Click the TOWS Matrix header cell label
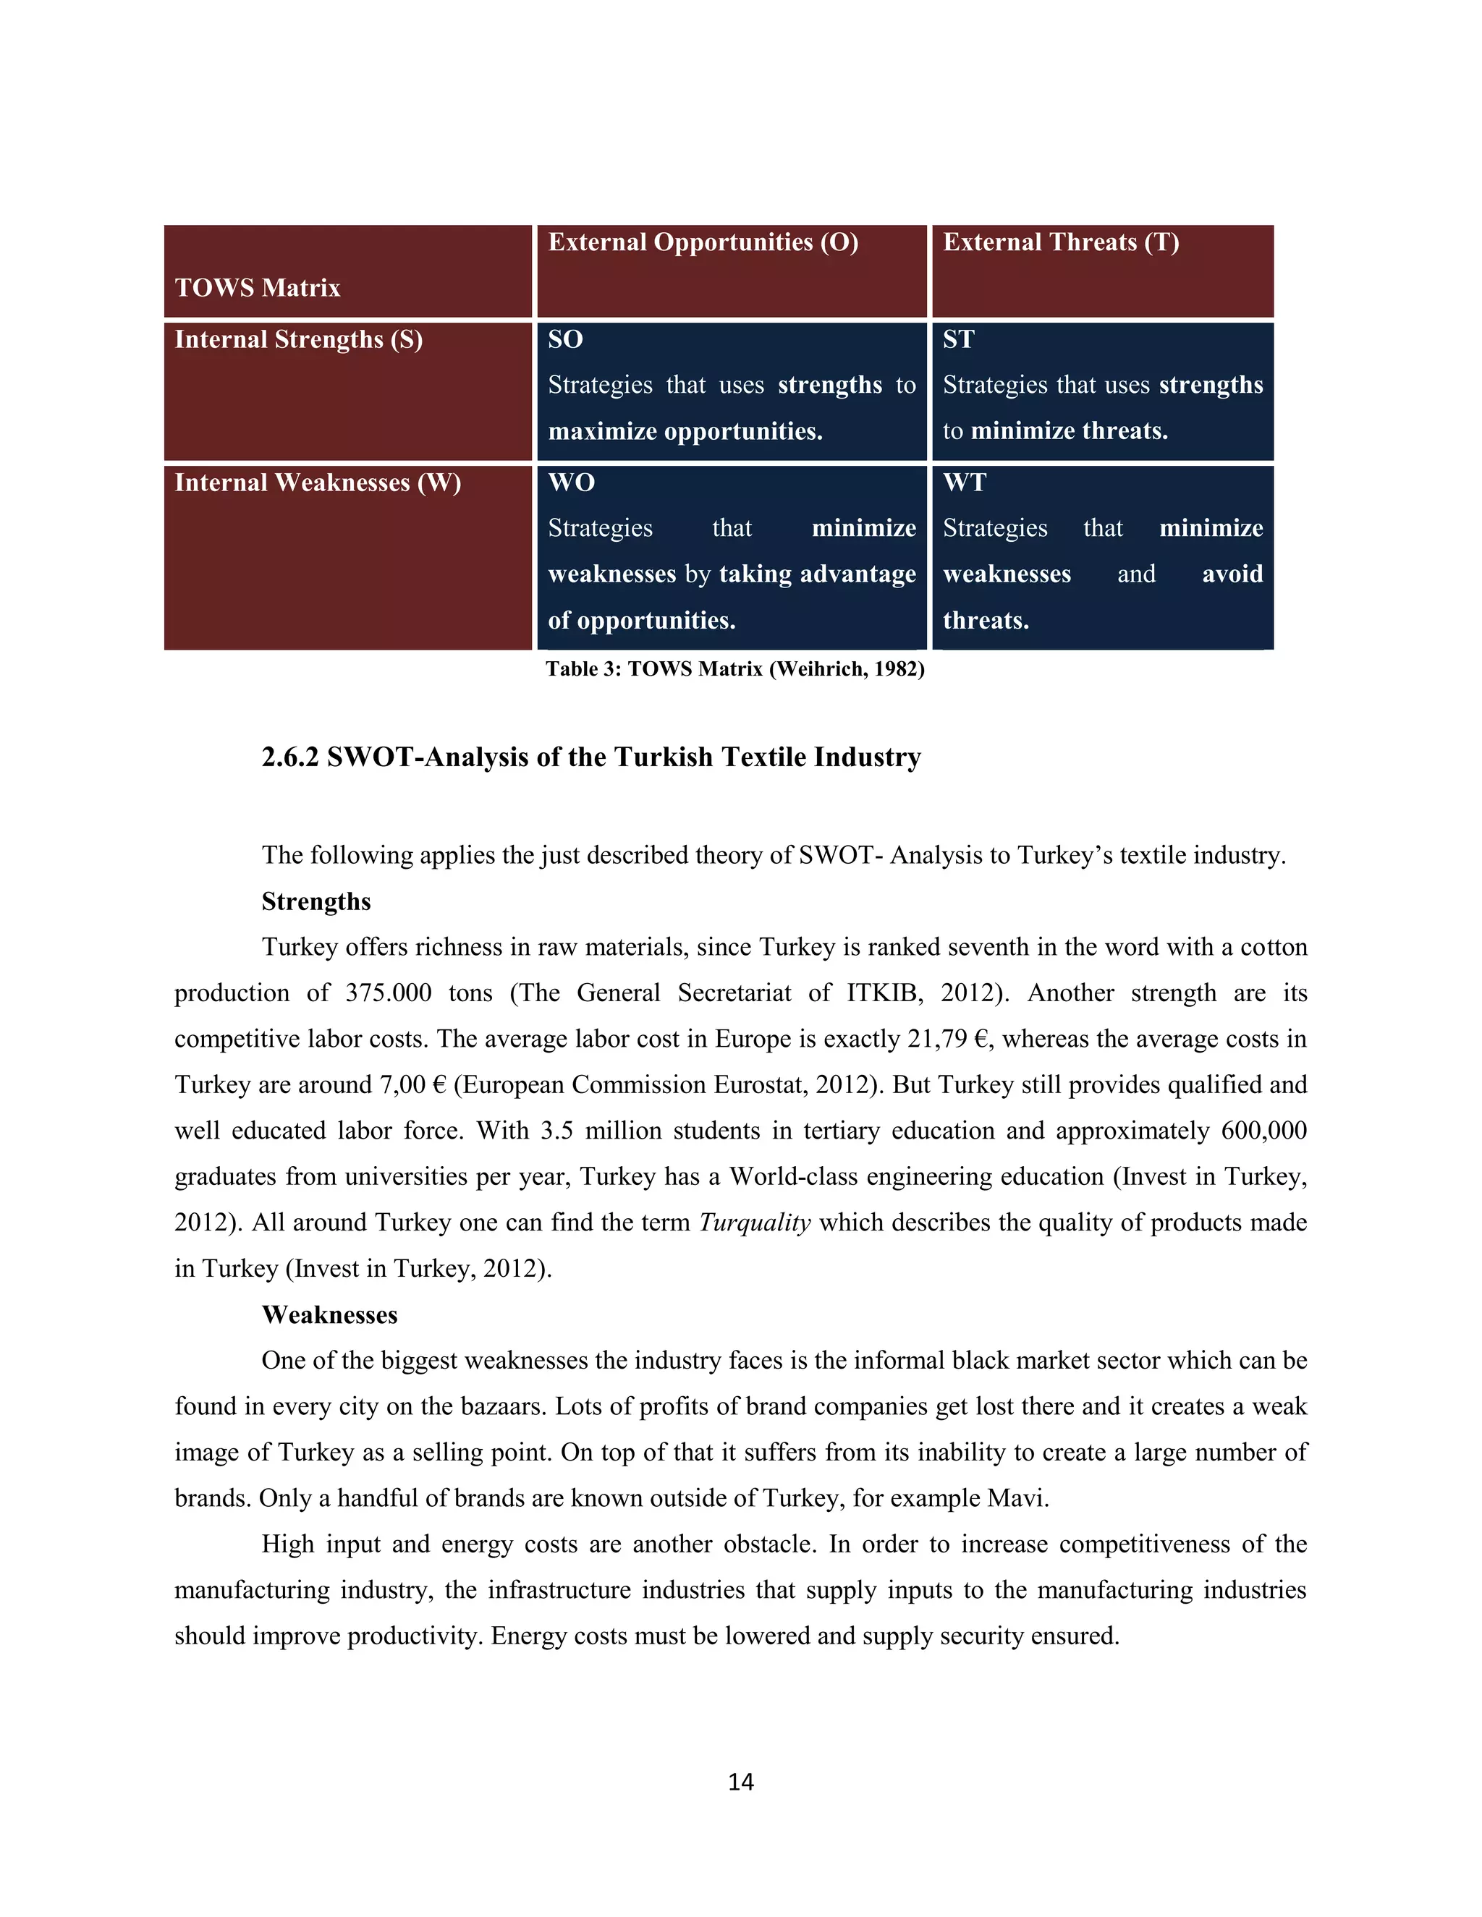(x=257, y=288)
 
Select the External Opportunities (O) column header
(x=703, y=242)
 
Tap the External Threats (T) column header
(x=1061, y=242)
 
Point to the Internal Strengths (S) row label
(x=299, y=340)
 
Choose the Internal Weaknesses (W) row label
(x=318, y=483)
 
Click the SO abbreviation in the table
(x=565, y=340)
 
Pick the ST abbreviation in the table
(x=959, y=340)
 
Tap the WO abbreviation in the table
(x=572, y=483)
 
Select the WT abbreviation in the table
(x=965, y=483)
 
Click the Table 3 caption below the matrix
(x=735, y=670)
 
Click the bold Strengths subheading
(x=316, y=902)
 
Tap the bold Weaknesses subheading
(x=329, y=1315)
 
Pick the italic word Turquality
(x=754, y=1223)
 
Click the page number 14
(x=741, y=1781)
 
